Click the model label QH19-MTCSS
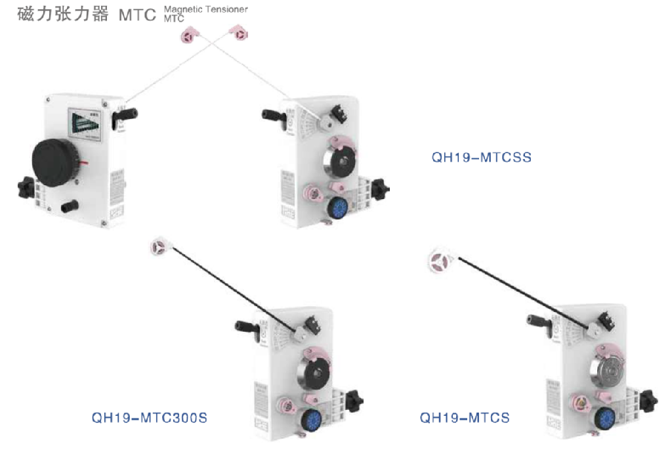(481, 158)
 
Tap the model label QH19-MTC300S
(149, 417)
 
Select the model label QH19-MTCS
(465, 417)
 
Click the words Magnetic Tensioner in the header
(206, 9)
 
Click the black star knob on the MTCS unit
(648, 398)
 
